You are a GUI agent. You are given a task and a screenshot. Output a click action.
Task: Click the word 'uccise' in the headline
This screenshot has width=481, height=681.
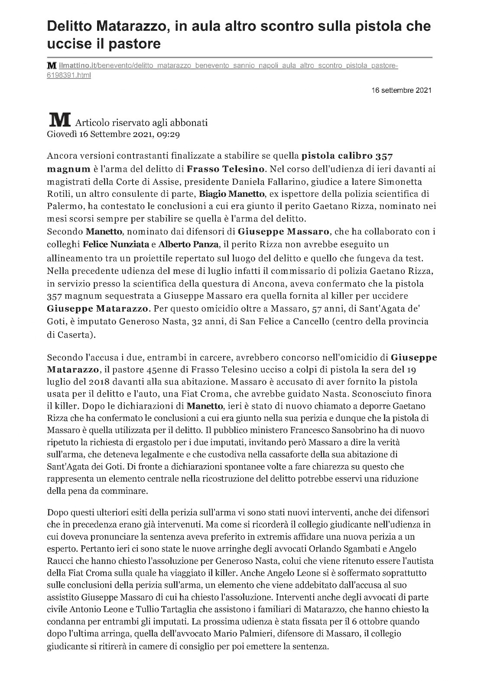tap(67, 43)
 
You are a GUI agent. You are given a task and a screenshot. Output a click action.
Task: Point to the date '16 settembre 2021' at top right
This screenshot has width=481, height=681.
tap(401, 91)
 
